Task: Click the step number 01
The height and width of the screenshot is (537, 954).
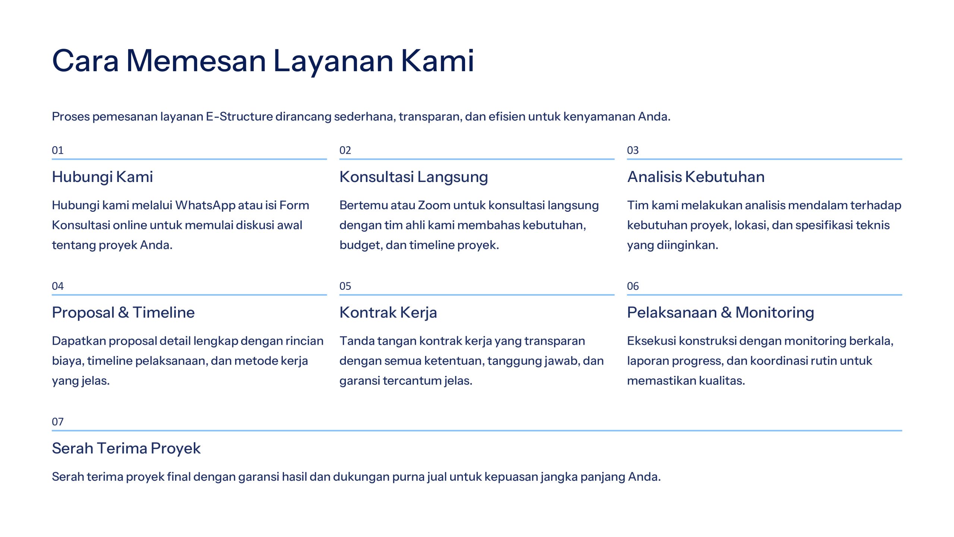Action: pyautogui.click(x=58, y=150)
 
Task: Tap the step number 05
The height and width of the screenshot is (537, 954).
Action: pyautogui.click(x=345, y=286)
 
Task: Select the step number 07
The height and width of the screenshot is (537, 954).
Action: pyautogui.click(x=58, y=422)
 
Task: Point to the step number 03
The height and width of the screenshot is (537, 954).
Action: pyautogui.click(x=633, y=150)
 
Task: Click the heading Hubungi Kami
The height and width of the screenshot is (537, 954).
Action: pyautogui.click(x=102, y=177)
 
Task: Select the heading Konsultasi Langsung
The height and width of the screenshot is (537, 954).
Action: pyautogui.click(x=414, y=177)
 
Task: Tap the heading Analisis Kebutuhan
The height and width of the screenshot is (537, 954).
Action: pyautogui.click(x=696, y=177)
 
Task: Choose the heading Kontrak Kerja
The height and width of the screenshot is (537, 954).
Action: pyautogui.click(x=388, y=313)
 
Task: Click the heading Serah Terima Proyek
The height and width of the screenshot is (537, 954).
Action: pyautogui.click(x=126, y=449)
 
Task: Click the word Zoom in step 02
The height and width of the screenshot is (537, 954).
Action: pyautogui.click(x=434, y=205)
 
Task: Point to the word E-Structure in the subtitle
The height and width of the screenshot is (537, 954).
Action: pyautogui.click(x=240, y=116)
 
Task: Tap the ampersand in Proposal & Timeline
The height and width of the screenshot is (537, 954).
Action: pyautogui.click(x=123, y=313)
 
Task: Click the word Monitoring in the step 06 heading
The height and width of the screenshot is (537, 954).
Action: pyautogui.click(x=775, y=313)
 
